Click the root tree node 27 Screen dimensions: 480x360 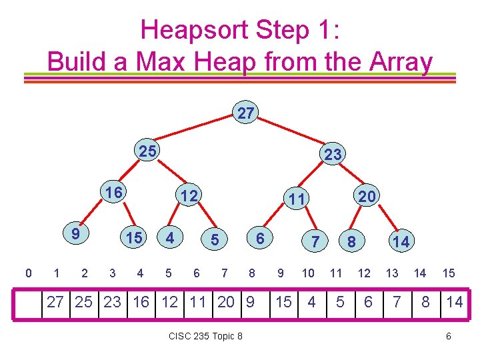(246, 113)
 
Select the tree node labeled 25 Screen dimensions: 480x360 (147, 151)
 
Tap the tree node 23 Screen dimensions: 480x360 (332, 155)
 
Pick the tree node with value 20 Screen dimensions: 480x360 (367, 195)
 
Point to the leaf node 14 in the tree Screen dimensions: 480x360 (401, 241)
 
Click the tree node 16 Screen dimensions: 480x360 (114, 193)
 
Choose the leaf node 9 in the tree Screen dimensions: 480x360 (76, 234)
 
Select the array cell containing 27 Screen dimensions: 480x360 (55, 302)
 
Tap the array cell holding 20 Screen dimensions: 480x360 (226, 302)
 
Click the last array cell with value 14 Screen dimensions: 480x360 (455, 302)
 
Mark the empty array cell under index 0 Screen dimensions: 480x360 (28, 302)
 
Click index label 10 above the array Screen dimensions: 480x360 (308, 273)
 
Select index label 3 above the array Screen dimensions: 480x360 (112, 273)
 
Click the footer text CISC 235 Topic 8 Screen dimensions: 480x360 (205, 336)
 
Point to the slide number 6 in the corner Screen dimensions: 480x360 (449, 336)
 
